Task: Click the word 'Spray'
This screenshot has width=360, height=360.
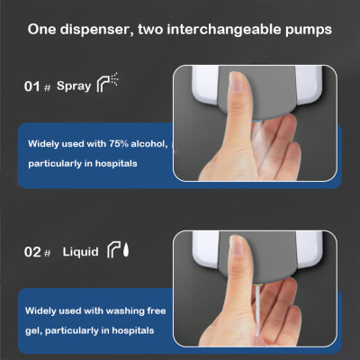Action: (73, 86)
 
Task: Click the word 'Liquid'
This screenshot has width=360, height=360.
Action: (79, 253)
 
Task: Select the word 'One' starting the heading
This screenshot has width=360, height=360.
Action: (42, 29)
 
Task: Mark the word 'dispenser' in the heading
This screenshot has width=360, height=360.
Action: (103, 29)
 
